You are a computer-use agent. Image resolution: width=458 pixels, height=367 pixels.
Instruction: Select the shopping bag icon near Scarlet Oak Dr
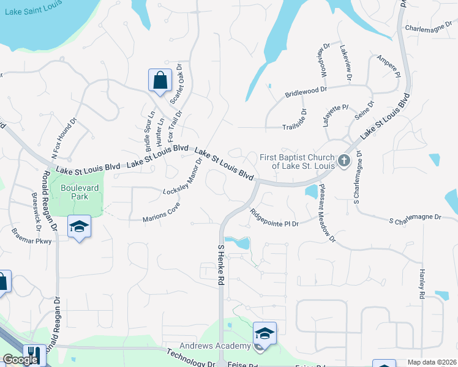point(160,80)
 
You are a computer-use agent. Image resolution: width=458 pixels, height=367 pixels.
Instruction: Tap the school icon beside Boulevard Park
point(79,227)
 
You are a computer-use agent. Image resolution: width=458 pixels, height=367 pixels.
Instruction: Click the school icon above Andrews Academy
point(265,333)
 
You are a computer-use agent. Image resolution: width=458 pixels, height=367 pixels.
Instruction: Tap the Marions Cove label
point(161,212)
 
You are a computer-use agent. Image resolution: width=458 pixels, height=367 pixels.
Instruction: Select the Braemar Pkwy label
point(32,236)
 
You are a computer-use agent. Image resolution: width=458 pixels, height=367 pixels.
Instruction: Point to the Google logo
point(20,360)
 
